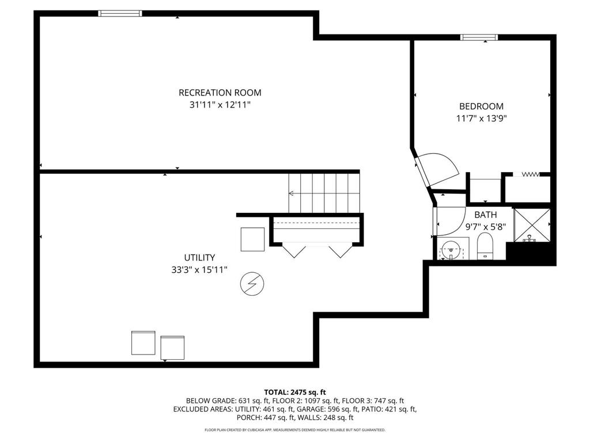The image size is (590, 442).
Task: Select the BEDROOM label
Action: (481, 106)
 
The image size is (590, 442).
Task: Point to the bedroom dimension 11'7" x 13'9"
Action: (481, 119)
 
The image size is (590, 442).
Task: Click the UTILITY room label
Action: (199, 257)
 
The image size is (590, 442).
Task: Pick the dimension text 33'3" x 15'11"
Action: (199, 269)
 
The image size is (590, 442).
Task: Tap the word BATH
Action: (485, 215)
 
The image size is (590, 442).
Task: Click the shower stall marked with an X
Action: (532, 225)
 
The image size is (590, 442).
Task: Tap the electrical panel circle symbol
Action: (252, 284)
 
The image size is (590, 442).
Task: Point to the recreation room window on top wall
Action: (120, 13)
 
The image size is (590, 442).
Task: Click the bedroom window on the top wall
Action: (479, 37)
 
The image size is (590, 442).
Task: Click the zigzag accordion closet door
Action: (530, 174)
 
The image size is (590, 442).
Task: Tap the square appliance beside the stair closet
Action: (252, 239)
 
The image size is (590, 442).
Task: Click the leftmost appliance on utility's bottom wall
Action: (143, 342)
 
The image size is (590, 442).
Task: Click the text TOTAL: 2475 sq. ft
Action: (295, 392)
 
